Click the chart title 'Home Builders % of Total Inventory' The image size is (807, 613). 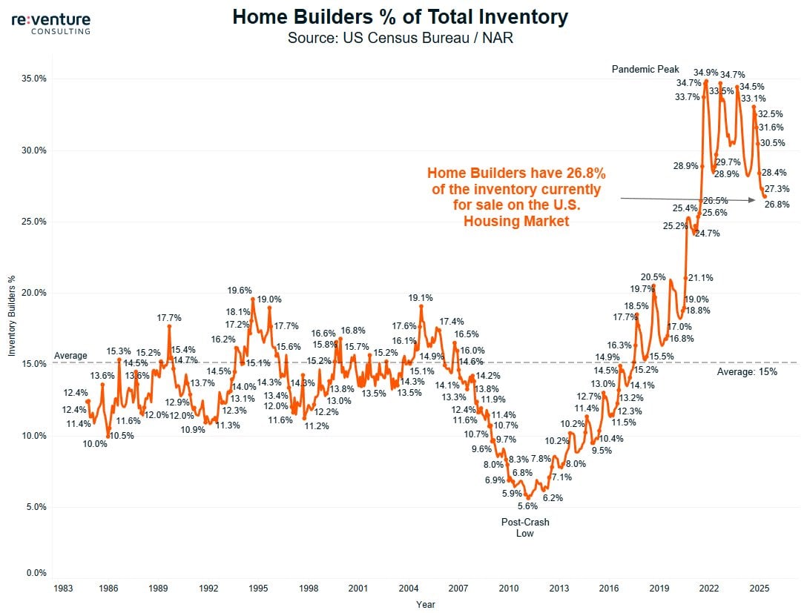401,16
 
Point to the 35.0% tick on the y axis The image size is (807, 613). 33,79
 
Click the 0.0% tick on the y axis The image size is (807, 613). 36,573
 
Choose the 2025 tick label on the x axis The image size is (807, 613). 759,589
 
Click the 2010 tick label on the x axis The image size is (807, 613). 508,589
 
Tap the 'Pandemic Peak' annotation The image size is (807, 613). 645,69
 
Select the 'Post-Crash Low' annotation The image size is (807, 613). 525,528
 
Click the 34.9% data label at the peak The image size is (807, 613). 706,73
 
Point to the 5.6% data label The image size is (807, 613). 527,506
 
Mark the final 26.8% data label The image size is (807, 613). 777,205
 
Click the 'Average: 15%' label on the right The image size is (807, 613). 747,371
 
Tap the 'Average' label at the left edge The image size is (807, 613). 70,356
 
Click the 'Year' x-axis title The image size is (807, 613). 426,604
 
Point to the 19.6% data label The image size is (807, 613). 240,291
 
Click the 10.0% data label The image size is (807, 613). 94,444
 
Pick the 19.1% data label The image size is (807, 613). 421,298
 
